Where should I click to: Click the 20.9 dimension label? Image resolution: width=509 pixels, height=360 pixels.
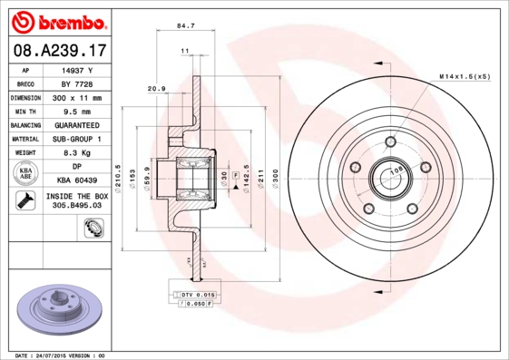(x=155, y=88)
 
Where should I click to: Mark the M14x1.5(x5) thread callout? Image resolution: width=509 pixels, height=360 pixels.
(x=465, y=77)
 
